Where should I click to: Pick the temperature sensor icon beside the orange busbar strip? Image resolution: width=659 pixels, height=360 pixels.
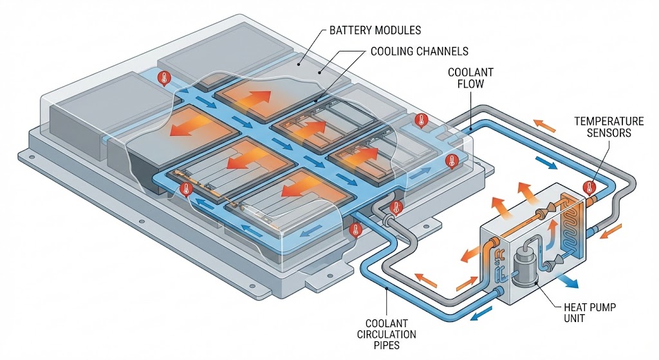[x=187, y=190]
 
